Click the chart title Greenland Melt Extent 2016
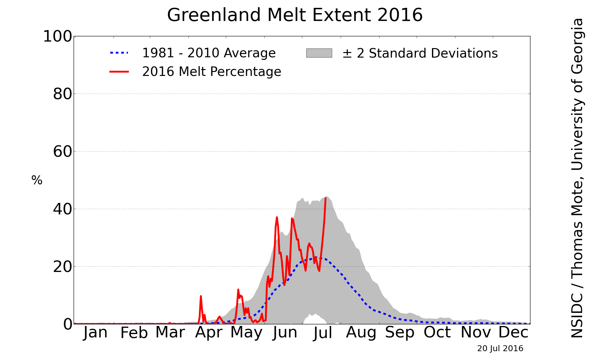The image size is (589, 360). [x=294, y=15]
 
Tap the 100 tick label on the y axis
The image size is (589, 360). [x=58, y=37]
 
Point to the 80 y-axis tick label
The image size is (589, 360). [x=62, y=94]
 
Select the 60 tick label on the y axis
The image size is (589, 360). [x=62, y=152]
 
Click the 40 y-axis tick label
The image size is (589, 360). [x=62, y=209]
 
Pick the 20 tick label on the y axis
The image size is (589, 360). [x=62, y=267]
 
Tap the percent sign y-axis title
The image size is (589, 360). [x=37, y=180]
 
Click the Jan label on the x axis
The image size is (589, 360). [x=95, y=333]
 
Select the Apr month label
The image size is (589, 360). [x=209, y=333]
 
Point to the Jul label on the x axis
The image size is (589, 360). [x=323, y=333]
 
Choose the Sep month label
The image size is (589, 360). [x=400, y=333]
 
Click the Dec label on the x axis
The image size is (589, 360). [x=513, y=333]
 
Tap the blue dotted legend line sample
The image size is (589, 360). [x=119, y=53]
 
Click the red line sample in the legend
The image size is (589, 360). [x=119, y=71]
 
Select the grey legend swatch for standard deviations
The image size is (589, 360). [x=319, y=53]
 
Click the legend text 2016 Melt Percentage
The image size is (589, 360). [x=212, y=72]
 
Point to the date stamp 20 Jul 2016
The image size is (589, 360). [x=500, y=349]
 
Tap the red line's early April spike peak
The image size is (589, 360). [x=201, y=296]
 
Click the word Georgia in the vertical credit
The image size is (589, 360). [x=577, y=45]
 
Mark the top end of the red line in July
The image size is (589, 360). [x=326, y=198]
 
